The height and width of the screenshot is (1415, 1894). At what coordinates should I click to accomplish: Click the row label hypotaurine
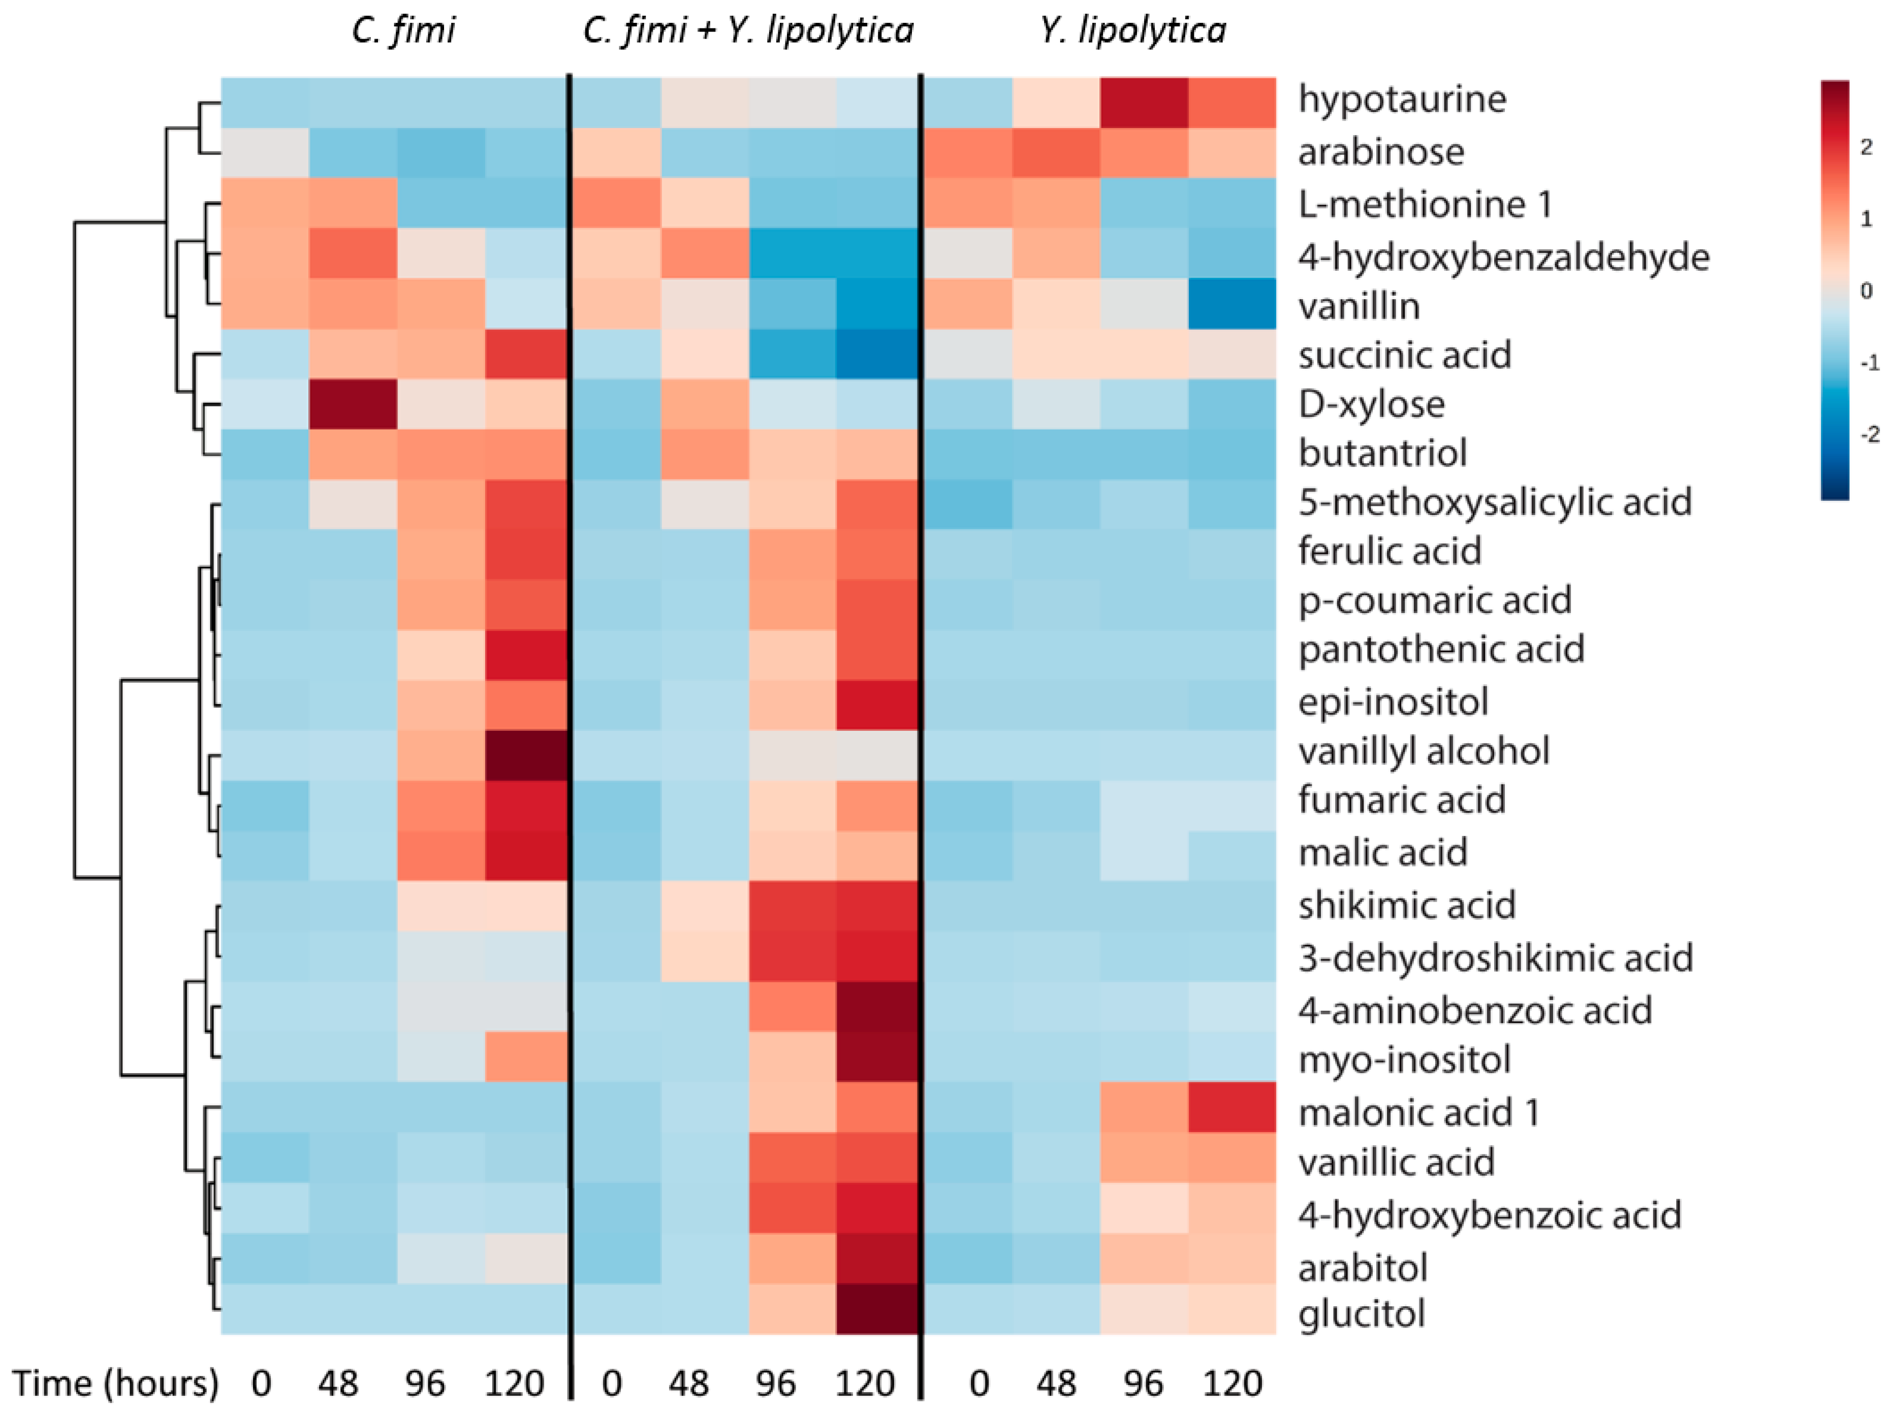(x=1402, y=100)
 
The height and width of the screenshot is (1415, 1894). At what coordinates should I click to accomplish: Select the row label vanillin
(x=1359, y=306)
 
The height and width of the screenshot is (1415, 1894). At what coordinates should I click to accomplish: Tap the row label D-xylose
(x=1371, y=404)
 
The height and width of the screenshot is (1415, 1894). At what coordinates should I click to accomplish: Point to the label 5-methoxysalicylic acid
(x=1494, y=502)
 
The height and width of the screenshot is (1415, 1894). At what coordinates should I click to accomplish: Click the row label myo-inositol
(x=1404, y=1060)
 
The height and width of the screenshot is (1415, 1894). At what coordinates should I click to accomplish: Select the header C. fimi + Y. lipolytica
(x=747, y=31)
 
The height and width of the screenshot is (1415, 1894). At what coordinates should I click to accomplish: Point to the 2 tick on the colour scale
(x=1867, y=147)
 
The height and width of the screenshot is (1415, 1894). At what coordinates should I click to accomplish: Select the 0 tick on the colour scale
(x=1867, y=291)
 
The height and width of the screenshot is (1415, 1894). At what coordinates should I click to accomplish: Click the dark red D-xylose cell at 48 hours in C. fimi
(x=353, y=404)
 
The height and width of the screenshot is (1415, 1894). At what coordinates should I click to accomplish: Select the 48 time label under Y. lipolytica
(x=1056, y=1384)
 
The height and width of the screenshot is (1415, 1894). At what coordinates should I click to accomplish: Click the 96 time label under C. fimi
(x=425, y=1384)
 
